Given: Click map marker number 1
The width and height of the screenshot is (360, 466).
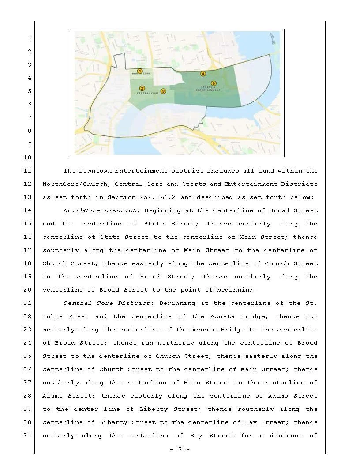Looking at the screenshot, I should (140, 71).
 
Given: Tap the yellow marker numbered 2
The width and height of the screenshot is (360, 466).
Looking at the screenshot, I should (142, 88).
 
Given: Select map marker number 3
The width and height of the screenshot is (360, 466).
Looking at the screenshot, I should (163, 91).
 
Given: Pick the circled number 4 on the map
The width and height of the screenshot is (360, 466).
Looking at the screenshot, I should (203, 74).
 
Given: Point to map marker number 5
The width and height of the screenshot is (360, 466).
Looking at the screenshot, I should (214, 83).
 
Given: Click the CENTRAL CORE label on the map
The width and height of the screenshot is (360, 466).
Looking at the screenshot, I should (148, 94).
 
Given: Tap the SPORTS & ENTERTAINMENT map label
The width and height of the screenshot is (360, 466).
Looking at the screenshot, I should (208, 89).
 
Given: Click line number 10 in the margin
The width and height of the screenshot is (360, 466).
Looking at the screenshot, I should (27, 158).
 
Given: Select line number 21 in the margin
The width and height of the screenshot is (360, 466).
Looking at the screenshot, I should (27, 303).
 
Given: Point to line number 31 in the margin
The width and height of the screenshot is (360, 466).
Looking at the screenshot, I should (27, 436).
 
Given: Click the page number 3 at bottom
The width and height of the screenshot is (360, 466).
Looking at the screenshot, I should (180, 450).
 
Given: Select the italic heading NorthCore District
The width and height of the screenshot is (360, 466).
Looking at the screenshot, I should (101, 210).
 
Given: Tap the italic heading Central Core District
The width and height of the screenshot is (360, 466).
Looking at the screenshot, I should (107, 303).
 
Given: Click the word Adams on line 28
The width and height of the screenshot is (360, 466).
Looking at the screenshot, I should (53, 396).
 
